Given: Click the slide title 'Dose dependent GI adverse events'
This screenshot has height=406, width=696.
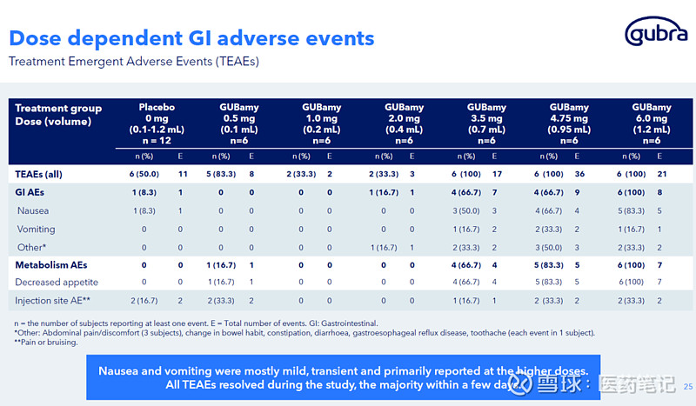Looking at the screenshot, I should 191,38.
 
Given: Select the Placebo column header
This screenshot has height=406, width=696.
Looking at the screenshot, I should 157,122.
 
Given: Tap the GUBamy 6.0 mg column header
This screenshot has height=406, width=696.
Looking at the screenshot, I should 651,122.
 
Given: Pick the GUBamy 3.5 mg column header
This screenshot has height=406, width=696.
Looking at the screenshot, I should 486,122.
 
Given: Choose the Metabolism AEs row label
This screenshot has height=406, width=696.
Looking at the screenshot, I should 51,264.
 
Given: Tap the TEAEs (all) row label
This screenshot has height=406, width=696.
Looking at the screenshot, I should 39,174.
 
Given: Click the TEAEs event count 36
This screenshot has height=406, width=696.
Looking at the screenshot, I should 576,174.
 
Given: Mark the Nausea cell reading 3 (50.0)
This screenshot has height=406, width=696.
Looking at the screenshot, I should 466,211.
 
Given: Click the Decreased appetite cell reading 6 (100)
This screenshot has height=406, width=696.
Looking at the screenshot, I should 631,283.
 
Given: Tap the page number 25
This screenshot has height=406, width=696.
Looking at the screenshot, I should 688,387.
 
